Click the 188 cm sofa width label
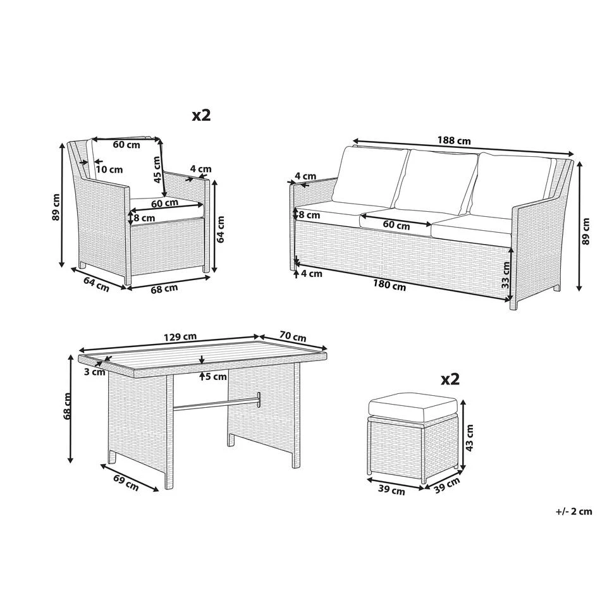tap(454, 140)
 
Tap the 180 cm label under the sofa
tap(389, 286)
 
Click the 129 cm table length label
tap(180, 337)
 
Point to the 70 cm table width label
tap(293, 337)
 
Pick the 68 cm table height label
tap(68, 406)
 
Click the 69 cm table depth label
tap(126, 482)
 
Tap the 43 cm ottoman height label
tap(469, 438)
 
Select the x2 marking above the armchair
tap(201, 115)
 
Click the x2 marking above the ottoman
tap(450, 379)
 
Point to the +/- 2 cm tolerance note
tap(574, 512)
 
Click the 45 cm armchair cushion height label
tap(157, 169)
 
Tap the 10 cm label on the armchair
tap(109, 169)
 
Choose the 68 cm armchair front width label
tap(164, 288)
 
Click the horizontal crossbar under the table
tap(216, 403)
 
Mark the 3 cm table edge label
tap(95, 372)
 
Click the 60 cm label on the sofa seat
tap(396, 225)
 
